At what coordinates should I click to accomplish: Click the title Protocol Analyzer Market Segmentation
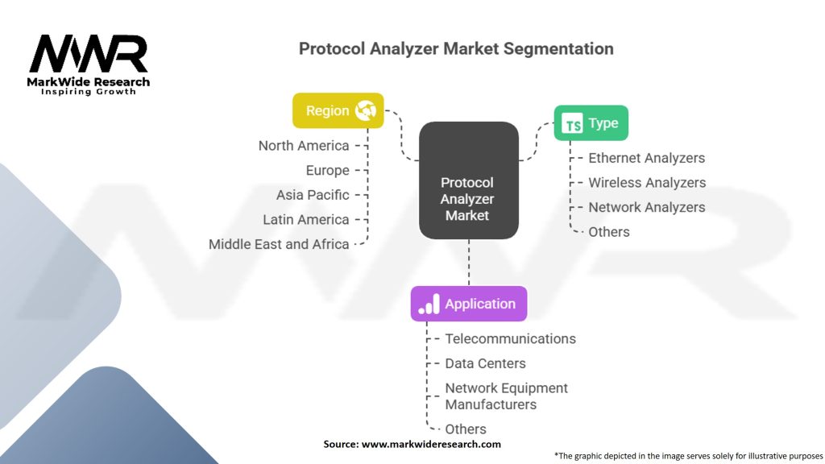click(456, 48)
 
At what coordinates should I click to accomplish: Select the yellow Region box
click(338, 110)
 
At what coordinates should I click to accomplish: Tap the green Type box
click(591, 123)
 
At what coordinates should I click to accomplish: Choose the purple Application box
click(469, 304)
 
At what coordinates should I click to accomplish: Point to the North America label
click(304, 146)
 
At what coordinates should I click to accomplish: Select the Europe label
click(327, 170)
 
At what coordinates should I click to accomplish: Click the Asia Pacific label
click(313, 195)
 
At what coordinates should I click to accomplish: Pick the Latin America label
click(306, 219)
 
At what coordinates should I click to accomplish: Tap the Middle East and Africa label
click(279, 244)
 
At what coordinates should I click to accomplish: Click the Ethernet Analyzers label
click(646, 158)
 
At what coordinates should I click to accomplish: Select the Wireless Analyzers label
click(647, 183)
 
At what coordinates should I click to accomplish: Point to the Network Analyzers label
click(646, 207)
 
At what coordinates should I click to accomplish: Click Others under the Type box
click(609, 232)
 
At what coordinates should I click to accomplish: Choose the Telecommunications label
click(510, 339)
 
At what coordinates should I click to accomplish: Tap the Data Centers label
click(485, 363)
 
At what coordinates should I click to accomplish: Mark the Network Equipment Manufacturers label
click(506, 396)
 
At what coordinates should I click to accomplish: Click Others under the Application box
click(466, 429)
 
